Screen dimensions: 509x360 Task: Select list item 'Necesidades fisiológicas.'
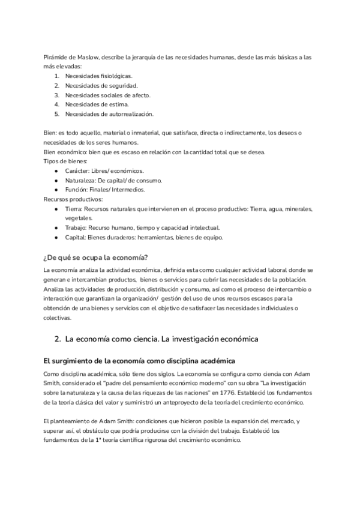coord(99,76)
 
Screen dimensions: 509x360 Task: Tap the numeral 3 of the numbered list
coord(56,95)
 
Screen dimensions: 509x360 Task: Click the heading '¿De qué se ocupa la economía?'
coord(96,259)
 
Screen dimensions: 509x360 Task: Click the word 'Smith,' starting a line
coord(53,383)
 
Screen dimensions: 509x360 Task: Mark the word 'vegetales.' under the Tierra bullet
coord(79,218)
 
